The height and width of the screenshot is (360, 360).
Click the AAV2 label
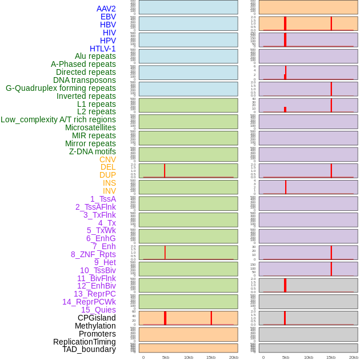(x=106, y=9)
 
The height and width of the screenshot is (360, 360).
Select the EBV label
(x=108, y=17)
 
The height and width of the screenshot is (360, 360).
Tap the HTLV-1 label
(x=102, y=49)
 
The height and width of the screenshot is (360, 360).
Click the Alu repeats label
(x=95, y=56)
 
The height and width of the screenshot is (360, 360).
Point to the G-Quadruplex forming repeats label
(x=61, y=88)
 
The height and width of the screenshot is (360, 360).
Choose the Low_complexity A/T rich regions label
(x=58, y=119)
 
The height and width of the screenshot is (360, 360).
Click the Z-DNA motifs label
(x=93, y=151)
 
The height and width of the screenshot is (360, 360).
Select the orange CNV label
(x=107, y=159)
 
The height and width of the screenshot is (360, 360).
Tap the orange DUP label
(x=107, y=175)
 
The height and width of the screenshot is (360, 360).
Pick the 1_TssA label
(x=103, y=199)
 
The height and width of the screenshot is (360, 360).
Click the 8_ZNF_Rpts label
(x=93, y=254)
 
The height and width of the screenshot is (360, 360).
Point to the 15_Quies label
(x=98, y=310)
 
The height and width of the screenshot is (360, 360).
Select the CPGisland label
(x=97, y=318)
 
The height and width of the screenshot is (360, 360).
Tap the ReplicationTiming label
(x=85, y=342)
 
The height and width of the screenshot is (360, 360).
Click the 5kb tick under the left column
(x=166, y=357)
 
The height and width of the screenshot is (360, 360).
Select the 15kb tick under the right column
(x=331, y=357)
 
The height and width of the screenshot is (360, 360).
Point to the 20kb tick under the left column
(x=234, y=357)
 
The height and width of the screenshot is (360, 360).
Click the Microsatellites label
(x=90, y=127)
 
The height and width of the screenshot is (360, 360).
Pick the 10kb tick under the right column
(x=309, y=357)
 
